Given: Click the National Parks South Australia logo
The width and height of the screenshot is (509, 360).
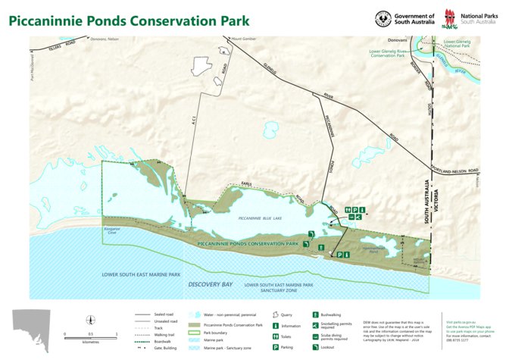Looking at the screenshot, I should click(x=452, y=17).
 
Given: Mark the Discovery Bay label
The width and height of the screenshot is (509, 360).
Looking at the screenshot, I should click(x=205, y=284).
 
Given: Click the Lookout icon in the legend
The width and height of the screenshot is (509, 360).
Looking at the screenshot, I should click(x=315, y=346).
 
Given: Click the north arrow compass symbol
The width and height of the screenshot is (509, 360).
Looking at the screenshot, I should click(x=90, y=321).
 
